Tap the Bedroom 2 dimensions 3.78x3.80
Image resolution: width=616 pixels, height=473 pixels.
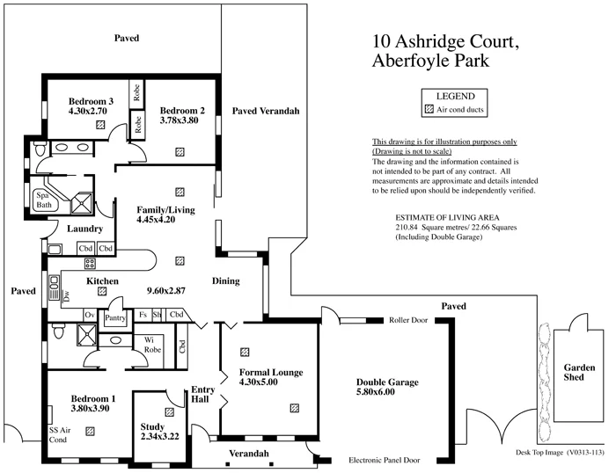[x=180, y=121]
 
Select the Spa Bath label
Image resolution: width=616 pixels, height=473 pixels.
[x=43, y=200]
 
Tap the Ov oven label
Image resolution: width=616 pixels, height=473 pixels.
[x=89, y=315]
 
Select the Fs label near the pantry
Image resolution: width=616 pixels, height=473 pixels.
[x=143, y=315]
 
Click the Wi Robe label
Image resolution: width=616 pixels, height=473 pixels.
[x=142, y=345]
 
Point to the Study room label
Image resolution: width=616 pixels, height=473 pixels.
[x=152, y=427]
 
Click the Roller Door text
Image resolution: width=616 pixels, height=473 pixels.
[x=407, y=321]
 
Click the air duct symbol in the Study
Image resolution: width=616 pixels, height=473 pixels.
[x=168, y=411]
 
